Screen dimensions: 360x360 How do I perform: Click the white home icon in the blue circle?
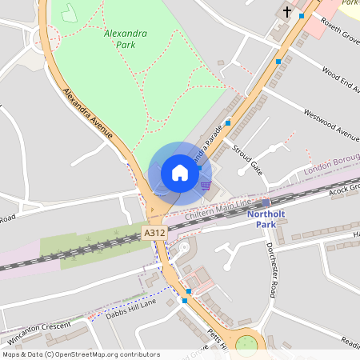pos(180,173)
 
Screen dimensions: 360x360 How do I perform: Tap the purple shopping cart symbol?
pos(206,186)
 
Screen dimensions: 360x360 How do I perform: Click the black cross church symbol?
pos(287,12)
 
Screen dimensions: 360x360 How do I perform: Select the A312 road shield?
pos(154,233)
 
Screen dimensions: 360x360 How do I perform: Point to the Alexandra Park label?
pos(120,39)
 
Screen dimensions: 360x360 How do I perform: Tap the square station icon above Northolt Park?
pos(266,203)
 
